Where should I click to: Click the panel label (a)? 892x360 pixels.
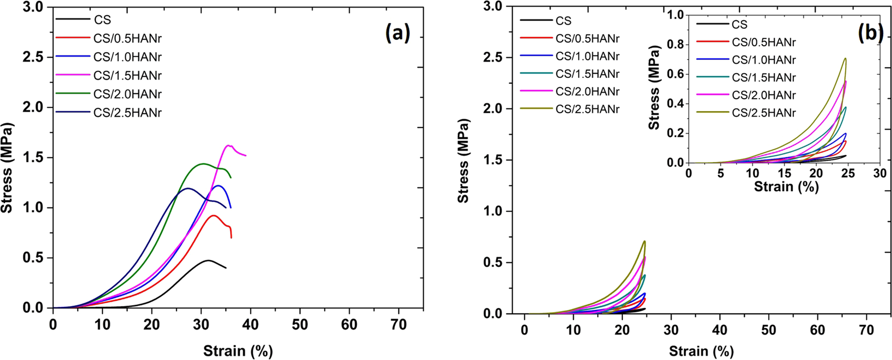click(397, 34)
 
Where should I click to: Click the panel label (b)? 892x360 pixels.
click(870, 34)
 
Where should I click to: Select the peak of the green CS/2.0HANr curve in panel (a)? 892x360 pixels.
click(203, 163)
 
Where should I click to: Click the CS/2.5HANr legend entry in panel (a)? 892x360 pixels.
click(127, 113)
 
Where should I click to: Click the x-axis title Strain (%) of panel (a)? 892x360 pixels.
click(238, 351)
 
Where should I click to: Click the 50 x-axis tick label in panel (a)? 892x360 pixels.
click(300, 325)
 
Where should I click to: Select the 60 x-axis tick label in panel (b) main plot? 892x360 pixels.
click(817, 331)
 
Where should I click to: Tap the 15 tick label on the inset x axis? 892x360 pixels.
click(784, 173)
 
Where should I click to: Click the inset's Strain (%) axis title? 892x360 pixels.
click(786, 187)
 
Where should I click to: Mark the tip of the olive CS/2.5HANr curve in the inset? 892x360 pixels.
click(845, 58)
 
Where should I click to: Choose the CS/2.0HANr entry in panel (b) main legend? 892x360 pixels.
click(587, 91)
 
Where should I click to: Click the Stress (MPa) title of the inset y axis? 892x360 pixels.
click(654, 87)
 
